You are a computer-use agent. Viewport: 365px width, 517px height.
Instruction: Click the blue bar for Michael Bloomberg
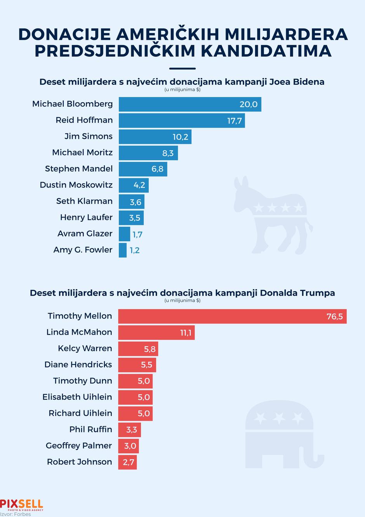(189, 104)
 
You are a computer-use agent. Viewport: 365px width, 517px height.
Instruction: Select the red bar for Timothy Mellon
(232, 316)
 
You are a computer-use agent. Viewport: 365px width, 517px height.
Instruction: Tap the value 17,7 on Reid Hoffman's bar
(235, 121)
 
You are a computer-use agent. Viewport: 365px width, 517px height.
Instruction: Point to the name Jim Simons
(89, 137)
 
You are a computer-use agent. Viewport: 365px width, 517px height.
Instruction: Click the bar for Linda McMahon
(156, 333)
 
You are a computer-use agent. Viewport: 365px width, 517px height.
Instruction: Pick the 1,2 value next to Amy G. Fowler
(135, 250)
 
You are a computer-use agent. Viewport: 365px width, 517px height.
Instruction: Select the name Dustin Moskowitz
(76, 185)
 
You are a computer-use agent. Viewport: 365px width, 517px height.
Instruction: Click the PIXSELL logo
(22, 505)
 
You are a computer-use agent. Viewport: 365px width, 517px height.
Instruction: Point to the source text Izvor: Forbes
(16, 514)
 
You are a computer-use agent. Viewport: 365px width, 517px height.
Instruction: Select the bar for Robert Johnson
(127, 462)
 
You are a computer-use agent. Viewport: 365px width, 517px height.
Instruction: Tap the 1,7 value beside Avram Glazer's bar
(137, 234)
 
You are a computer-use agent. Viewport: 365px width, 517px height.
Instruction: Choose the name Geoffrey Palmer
(79, 446)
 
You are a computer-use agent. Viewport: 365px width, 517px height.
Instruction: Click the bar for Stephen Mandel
(143, 169)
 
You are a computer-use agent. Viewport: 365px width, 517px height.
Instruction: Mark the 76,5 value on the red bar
(334, 316)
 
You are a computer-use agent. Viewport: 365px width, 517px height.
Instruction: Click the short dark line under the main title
(182, 68)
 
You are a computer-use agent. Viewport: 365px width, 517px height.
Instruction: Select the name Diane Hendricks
(78, 365)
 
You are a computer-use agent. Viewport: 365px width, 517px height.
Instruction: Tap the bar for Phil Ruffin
(129, 430)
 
